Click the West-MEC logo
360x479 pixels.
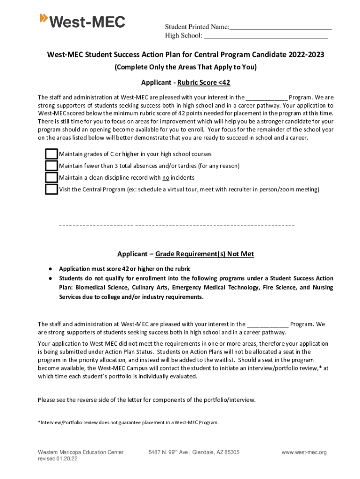tap(83, 21)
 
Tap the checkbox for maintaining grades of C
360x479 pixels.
tap(51, 154)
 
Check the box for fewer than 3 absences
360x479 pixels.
tap(51, 166)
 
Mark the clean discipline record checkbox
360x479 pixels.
tap(51, 177)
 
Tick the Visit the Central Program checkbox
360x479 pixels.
tap(51, 189)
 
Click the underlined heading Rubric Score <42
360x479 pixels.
tap(203, 83)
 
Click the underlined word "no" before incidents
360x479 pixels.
tap(166, 178)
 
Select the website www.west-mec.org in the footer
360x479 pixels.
tap(304, 452)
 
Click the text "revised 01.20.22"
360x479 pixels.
tap(58, 459)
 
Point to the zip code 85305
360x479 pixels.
tap(230, 452)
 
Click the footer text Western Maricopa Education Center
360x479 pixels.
tap(80, 452)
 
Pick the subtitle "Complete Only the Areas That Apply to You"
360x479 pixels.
tap(186, 67)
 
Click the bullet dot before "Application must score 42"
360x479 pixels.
tap(49, 269)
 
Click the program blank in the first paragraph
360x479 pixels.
tap(266, 98)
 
